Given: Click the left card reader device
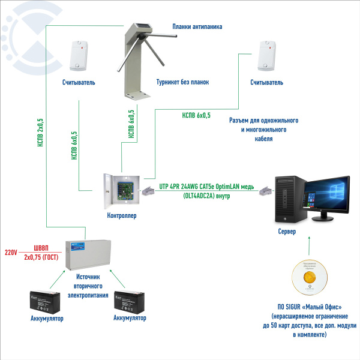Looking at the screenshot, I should coord(78,55).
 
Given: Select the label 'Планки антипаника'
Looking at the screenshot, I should coord(196,26).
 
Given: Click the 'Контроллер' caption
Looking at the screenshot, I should coord(121,215).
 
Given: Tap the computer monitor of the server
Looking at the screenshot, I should coord(325,197).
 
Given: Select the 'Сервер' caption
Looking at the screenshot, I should coord(287,231).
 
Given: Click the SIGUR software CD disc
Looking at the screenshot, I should coord(310,279).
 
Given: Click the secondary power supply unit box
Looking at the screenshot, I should coord(88,255).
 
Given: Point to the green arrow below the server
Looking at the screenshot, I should coord(309,246).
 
